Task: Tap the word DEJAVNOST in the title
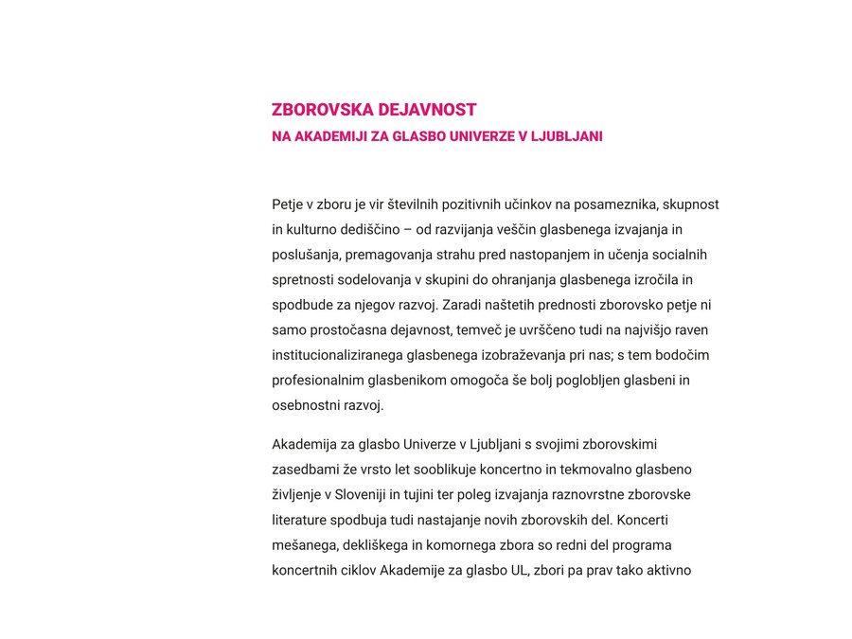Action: point(427,110)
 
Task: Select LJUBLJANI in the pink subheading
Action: point(566,136)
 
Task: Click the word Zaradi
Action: point(462,306)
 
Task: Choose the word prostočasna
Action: point(337,331)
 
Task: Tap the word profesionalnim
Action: point(317,382)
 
